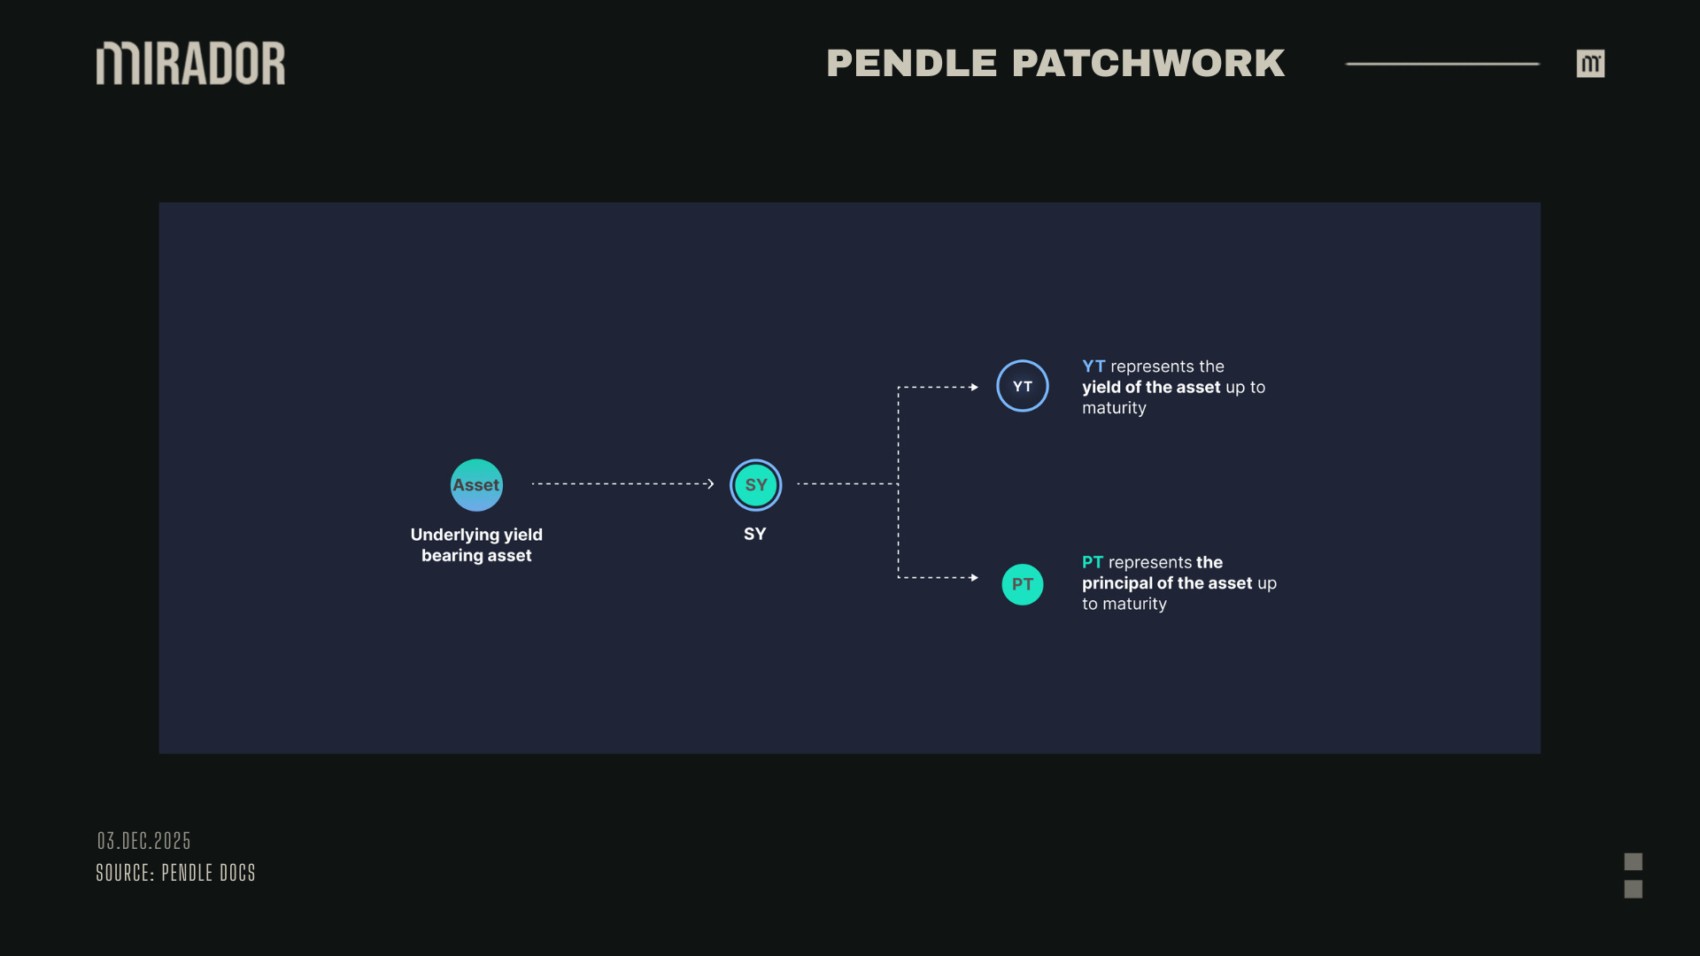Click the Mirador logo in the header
click(190, 64)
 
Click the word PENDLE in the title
click(911, 64)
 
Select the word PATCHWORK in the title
click(1148, 64)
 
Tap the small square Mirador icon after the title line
click(1590, 64)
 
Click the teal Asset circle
click(476, 485)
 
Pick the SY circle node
click(755, 485)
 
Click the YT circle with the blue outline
click(1022, 386)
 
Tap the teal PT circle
click(1022, 584)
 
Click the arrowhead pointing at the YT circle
click(974, 387)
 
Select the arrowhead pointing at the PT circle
click(974, 577)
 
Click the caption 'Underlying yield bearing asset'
click(476, 544)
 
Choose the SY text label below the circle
click(754, 534)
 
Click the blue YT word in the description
click(1093, 366)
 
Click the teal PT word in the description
click(1092, 562)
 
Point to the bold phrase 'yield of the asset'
click(1151, 387)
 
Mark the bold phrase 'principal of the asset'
click(1167, 583)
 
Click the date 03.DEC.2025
click(143, 840)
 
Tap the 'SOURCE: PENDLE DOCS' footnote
click(175, 873)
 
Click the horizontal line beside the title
click(1442, 64)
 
